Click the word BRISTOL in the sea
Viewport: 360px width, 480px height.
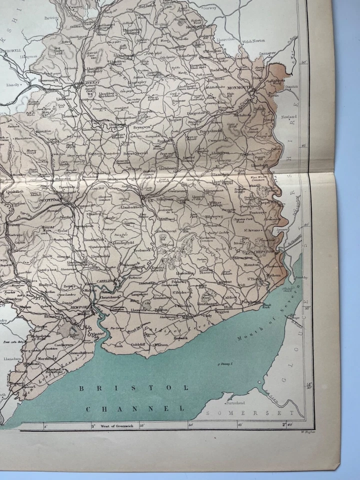pos(134,387)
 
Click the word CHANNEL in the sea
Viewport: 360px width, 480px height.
pos(134,408)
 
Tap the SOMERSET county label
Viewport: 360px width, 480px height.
pos(250,413)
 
